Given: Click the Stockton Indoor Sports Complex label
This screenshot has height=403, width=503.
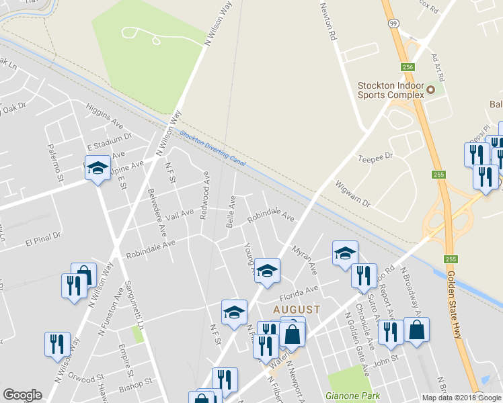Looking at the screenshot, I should (391, 90).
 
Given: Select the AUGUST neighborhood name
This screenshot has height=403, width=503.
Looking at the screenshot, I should (296, 309).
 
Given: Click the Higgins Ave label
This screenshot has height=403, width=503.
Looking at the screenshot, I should (104, 119).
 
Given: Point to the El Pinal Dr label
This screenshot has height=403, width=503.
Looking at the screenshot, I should (43, 238).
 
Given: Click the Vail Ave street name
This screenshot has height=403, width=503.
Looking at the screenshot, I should (179, 214).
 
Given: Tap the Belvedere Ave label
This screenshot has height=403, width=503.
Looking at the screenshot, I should (157, 211).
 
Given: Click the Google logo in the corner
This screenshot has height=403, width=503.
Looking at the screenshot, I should (22, 395).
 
